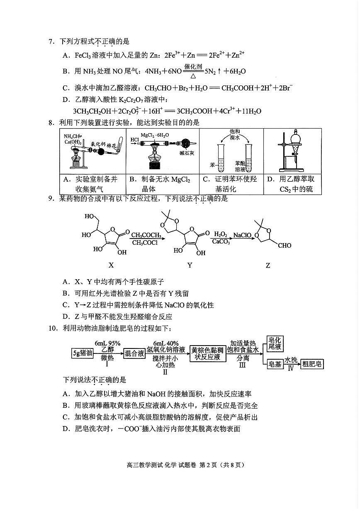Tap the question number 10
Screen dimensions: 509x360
click(x=53, y=329)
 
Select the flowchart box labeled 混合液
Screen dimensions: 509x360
click(x=134, y=353)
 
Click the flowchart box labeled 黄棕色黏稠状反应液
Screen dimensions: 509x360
click(x=208, y=353)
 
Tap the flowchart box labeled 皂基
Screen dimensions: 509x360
click(x=275, y=364)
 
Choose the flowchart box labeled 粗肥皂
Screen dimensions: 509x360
click(x=312, y=364)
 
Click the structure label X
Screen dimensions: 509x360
click(x=111, y=265)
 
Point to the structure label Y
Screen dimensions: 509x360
click(x=190, y=265)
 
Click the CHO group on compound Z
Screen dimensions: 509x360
click(x=285, y=246)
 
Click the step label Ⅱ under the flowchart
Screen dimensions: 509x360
click(x=165, y=372)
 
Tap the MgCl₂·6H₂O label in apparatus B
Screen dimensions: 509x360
click(x=153, y=135)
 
